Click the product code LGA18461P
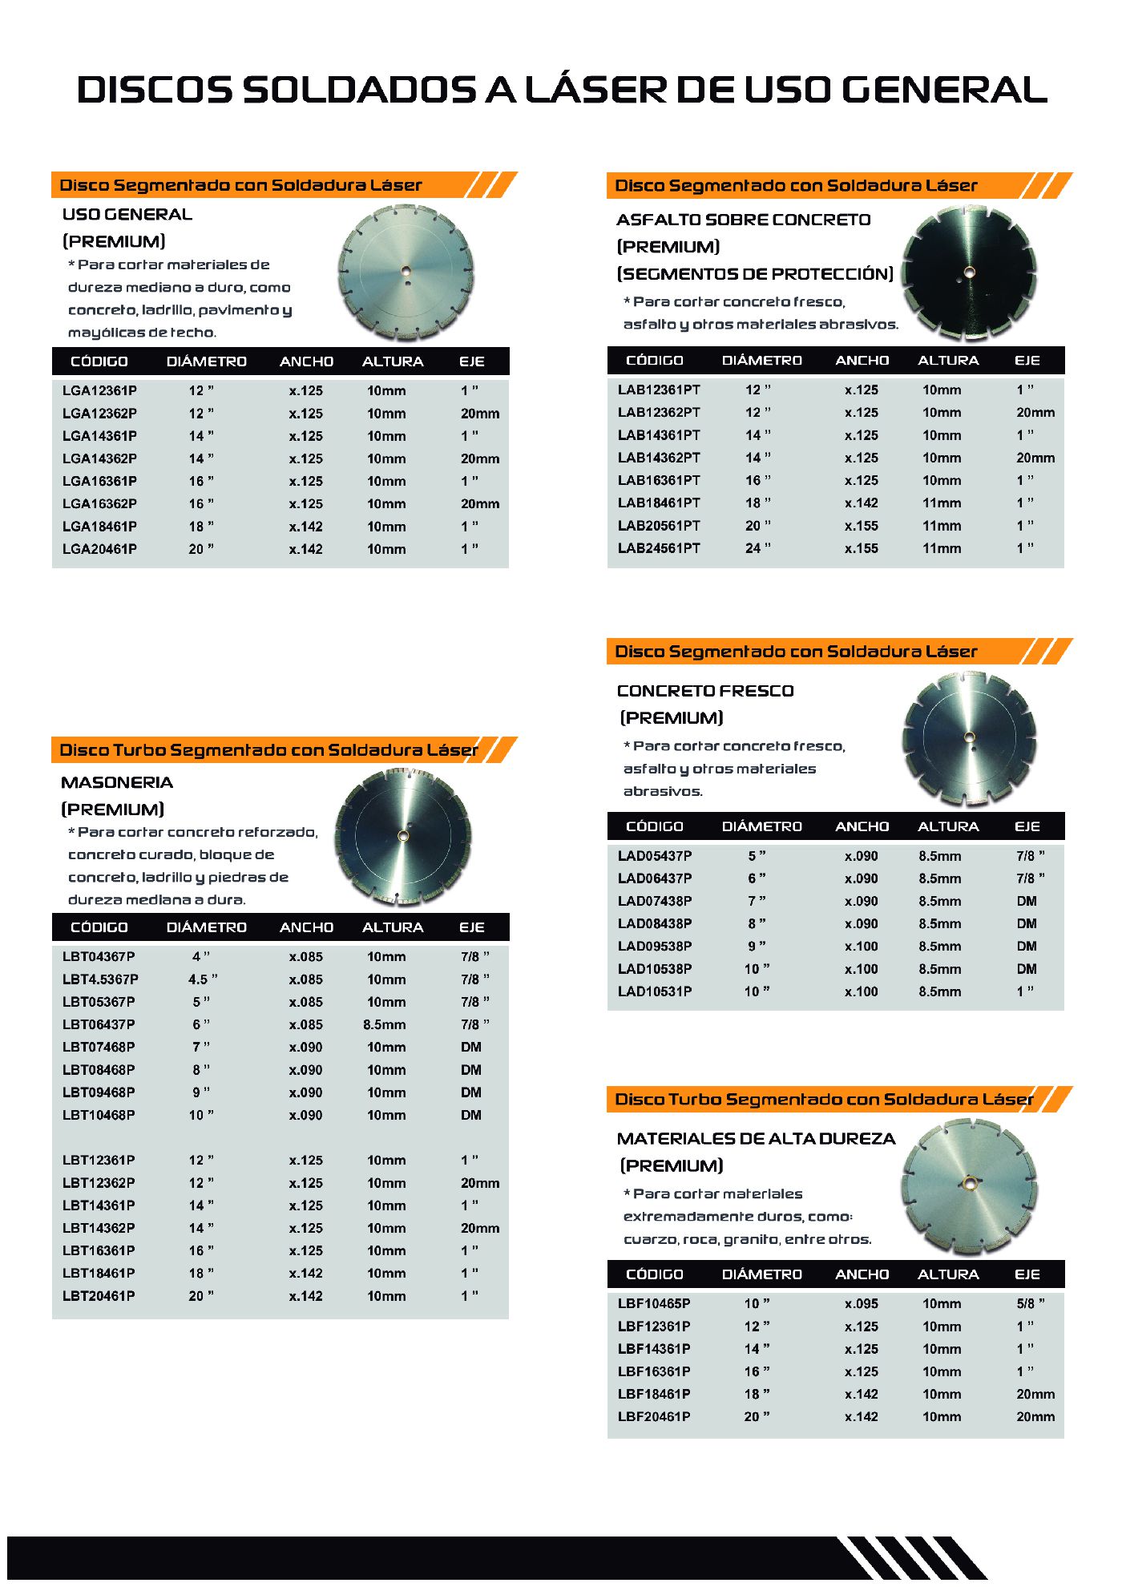click(99, 527)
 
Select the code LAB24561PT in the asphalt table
click(658, 549)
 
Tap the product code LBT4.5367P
click(100, 979)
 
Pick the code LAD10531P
click(655, 991)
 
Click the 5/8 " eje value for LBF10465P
click(1030, 1304)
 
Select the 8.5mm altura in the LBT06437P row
click(384, 1024)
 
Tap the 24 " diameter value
click(757, 549)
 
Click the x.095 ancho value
click(861, 1304)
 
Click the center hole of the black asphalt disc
click(969, 273)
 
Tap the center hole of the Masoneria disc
click(402, 836)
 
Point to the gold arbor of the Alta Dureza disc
click(968, 1182)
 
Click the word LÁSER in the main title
click(595, 90)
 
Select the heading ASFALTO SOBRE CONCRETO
click(743, 220)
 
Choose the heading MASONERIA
click(117, 782)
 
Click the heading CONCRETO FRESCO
click(705, 691)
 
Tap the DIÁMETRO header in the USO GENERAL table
click(206, 361)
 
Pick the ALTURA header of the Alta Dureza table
click(948, 1274)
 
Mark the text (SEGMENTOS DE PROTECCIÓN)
click(754, 274)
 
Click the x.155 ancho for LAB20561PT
click(861, 526)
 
